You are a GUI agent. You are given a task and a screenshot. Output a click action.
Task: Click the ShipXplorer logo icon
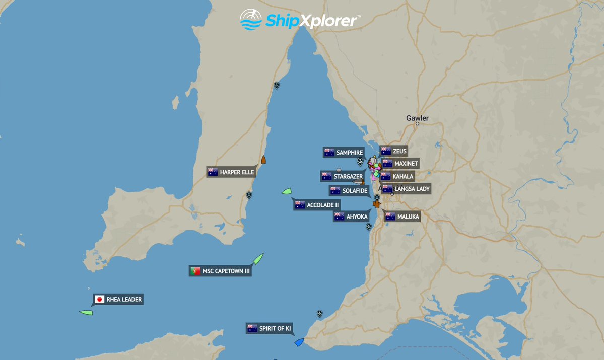point(251,20)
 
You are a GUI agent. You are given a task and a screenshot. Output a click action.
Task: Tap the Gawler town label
point(417,118)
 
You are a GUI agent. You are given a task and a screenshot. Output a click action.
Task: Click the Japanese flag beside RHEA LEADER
point(99,300)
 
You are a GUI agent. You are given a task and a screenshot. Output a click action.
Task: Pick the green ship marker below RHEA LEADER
point(86,313)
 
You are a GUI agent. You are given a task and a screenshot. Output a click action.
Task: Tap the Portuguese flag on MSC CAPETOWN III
point(195,271)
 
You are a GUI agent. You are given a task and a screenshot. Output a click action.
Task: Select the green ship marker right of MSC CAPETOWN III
point(258,259)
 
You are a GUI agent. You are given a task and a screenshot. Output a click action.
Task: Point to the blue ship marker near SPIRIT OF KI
point(299,342)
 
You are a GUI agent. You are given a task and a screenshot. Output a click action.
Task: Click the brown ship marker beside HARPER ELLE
point(263,160)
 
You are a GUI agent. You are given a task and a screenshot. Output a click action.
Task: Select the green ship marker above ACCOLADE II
point(286,191)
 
